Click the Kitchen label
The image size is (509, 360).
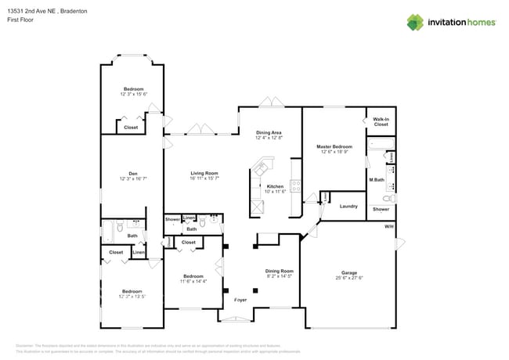pos(274,186)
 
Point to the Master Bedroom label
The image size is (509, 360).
pos(334,146)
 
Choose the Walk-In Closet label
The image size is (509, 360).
pos(381,121)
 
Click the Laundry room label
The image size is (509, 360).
pos(348,207)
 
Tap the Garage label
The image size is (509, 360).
pos(348,272)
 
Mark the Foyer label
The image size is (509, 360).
pos(241,300)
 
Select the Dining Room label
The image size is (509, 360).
pos(279,271)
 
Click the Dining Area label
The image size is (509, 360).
pos(269,133)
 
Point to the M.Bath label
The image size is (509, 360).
pos(376,181)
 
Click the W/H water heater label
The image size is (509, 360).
pos(388,226)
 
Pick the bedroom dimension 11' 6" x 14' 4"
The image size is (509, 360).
pos(193,281)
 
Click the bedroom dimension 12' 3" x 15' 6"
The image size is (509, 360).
pos(134,94)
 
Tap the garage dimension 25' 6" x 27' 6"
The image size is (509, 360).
pos(348,277)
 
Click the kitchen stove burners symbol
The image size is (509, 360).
pos(296,186)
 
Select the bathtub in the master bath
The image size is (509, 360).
pos(381,143)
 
